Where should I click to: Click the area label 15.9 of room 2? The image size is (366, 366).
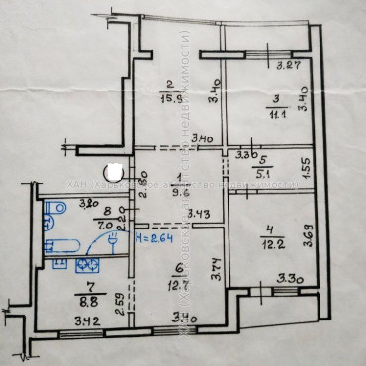click(171, 99)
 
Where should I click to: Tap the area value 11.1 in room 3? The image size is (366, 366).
click(278, 115)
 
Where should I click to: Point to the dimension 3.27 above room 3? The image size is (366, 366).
click(288, 67)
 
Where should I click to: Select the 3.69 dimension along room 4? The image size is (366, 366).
click(310, 235)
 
